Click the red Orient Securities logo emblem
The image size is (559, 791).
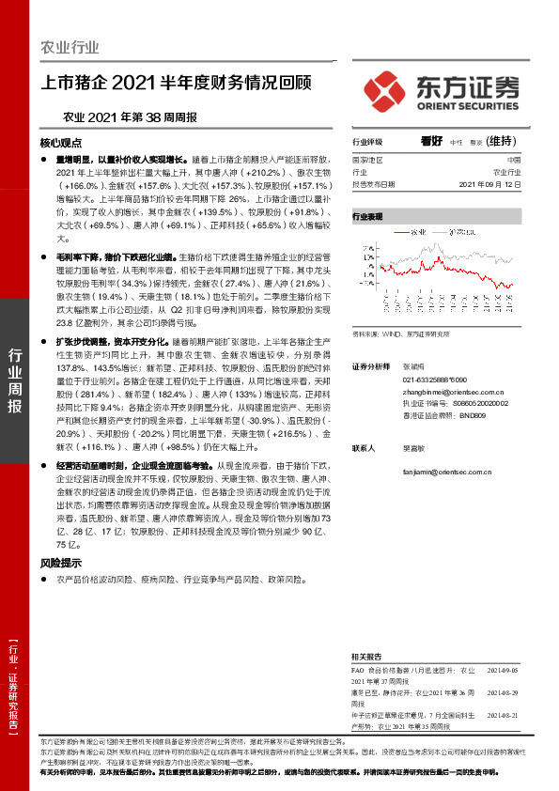(x=385, y=89)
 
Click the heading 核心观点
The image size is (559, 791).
(x=62, y=143)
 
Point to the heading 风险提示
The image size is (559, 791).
(x=62, y=563)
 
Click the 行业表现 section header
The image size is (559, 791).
(x=368, y=216)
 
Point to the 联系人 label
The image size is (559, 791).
(x=364, y=448)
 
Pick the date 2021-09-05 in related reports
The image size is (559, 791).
(x=505, y=672)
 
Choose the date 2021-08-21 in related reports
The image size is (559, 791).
(x=505, y=714)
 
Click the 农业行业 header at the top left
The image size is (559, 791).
(x=70, y=48)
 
